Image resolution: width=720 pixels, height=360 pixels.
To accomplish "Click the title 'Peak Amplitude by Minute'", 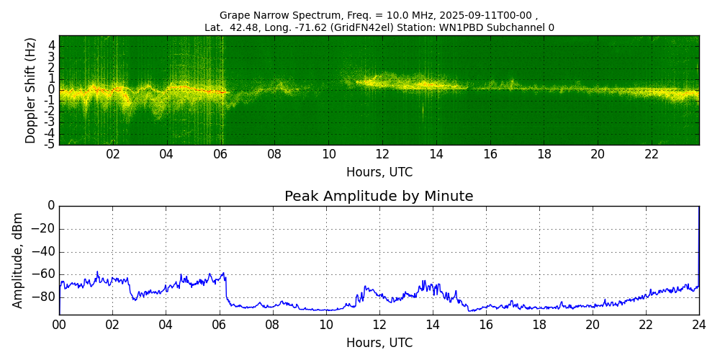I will tap(379, 197).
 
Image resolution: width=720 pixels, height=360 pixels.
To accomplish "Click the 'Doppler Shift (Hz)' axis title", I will tap(31, 91).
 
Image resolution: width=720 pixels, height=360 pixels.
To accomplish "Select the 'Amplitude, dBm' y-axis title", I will tap(18, 260).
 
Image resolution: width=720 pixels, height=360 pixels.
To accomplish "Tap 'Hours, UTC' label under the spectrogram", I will tap(379, 173).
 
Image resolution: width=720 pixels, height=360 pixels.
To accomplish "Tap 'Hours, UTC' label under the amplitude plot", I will tap(379, 343).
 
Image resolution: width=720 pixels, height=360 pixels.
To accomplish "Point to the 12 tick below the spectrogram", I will tap(382, 154).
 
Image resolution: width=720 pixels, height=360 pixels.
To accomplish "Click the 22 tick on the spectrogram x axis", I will tap(652, 154).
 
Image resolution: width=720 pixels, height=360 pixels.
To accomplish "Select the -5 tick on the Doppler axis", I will tap(50, 143).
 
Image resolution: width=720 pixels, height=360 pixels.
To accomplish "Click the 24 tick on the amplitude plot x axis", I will tap(698, 325).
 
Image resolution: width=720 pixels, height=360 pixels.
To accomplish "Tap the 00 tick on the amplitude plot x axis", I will tap(59, 325).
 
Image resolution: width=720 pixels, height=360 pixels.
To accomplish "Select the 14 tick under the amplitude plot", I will tap(433, 325).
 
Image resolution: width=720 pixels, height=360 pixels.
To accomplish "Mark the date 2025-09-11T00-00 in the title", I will tap(479, 15).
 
